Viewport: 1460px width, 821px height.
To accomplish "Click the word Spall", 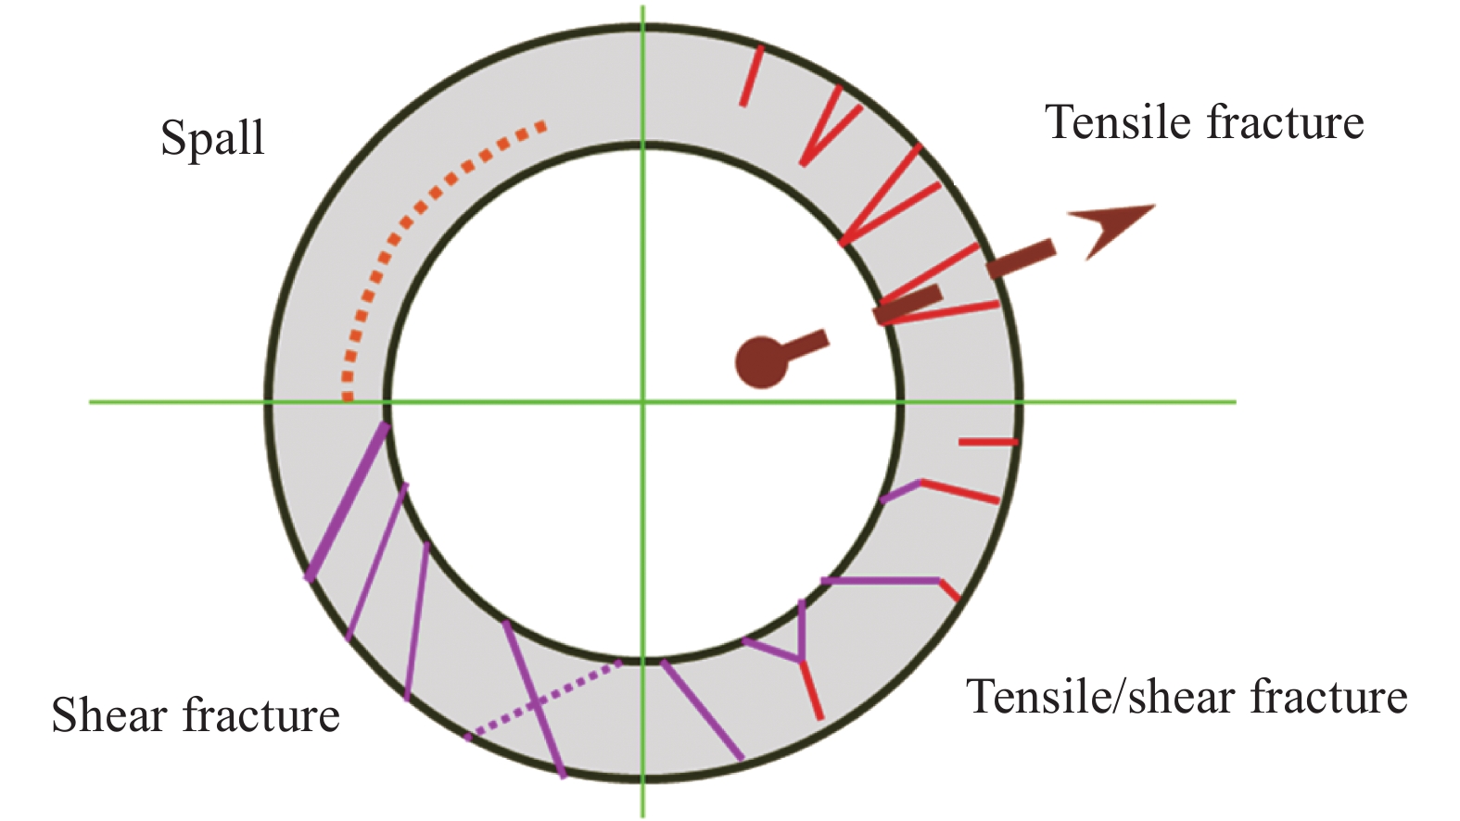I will tap(212, 139).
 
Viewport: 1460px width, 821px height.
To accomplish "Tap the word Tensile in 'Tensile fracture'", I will tap(1118, 123).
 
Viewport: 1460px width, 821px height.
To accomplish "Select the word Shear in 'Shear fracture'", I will tap(109, 715).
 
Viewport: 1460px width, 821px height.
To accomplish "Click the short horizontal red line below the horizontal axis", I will tap(988, 442).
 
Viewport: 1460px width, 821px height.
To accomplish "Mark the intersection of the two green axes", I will tap(643, 402).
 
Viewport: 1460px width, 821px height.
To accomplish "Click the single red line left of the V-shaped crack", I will tap(752, 77).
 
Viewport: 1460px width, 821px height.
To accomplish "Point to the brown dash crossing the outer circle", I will tap(1021, 259).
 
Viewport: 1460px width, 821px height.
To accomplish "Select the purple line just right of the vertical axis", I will tap(702, 710).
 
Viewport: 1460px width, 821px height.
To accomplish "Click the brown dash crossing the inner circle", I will tap(908, 305).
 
